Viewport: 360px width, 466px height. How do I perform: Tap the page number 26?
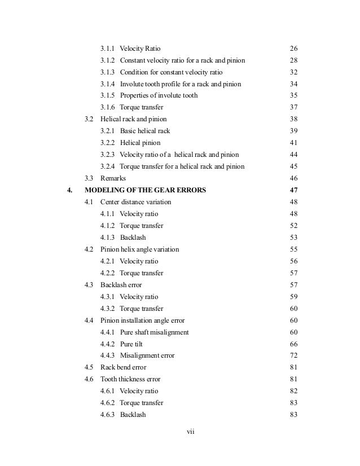click(293, 49)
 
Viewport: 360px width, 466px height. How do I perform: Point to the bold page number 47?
click(293, 190)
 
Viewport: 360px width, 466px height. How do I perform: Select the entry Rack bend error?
click(123, 367)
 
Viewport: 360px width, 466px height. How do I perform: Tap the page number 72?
click(293, 355)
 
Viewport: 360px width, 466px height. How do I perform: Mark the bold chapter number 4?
click(69, 190)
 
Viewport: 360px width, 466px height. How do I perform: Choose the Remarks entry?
click(113, 178)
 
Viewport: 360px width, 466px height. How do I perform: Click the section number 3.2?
click(89, 119)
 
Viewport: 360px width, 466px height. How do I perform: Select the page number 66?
click(293, 344)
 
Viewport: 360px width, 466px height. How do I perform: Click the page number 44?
click(293, 155)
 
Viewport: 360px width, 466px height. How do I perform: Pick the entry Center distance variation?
click(135, 202)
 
